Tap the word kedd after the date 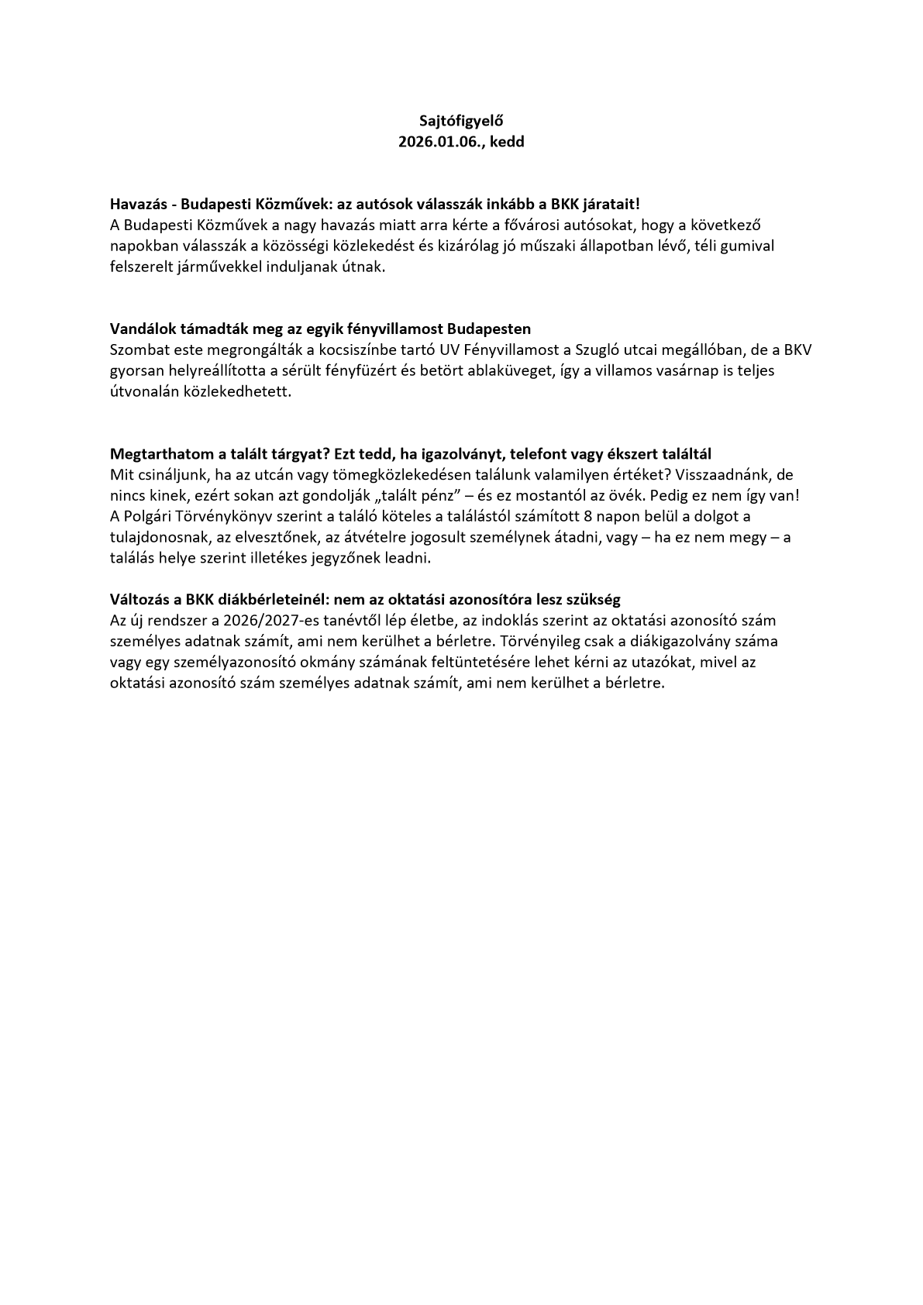pyautogui.click(x=507, y=143)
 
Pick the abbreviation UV pyautogui.click(x=449, y=349)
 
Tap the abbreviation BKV pyautogui.click(x=797, y=349)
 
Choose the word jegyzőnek pyautogui.click(x=357, y=558)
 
